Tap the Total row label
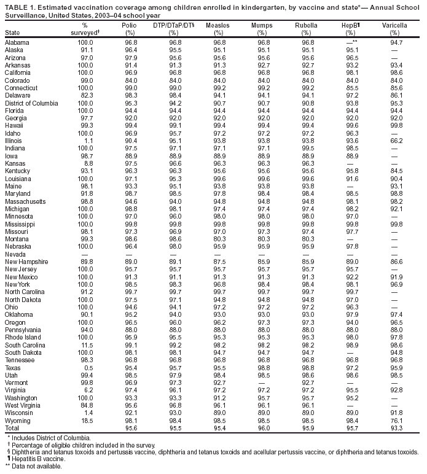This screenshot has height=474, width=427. pyautogui.click(x=13, y=427)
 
